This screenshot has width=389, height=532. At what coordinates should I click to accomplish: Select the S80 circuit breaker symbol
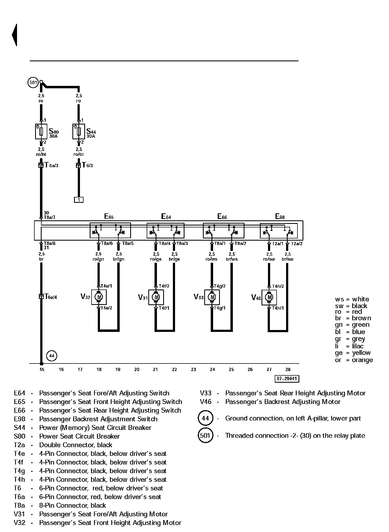(x=41, y=132)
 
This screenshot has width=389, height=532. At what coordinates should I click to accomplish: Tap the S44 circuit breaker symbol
(x=79, y=132)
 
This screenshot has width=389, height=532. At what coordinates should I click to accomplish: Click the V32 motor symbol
(x=99, y=297)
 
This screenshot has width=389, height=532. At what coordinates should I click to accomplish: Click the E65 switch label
(x=109, y=216)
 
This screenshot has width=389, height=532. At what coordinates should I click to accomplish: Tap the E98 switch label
(x=280, y=216)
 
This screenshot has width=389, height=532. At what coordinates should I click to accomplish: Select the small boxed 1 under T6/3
(x=79, y=200)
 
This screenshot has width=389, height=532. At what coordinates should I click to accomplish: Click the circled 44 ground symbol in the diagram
(x=52, y=356)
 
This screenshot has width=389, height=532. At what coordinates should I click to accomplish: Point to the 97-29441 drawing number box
(x=287, y=379)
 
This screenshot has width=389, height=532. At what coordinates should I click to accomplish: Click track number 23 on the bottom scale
(x=193, y=369)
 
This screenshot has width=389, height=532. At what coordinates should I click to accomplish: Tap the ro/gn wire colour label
(x=98, y=259)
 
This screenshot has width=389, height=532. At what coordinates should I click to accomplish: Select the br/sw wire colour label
(x=287, y=259)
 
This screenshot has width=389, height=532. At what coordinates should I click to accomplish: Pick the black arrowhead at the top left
(x=15, y=35)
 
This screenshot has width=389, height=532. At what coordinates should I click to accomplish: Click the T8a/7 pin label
(x=50, y=217)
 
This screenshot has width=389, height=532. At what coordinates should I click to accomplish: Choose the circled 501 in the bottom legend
(x=206, y=436)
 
